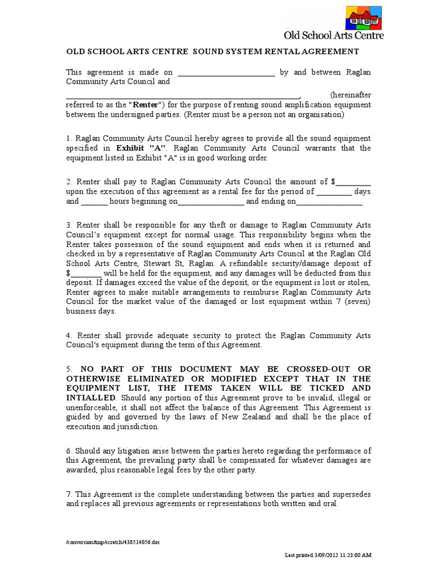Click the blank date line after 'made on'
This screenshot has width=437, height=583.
[x=226, y=73]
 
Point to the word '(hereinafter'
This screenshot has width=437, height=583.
[x=350, y=95]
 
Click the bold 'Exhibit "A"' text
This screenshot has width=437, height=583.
[x=139, y=148]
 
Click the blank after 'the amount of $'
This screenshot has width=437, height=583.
[x=353, y=182]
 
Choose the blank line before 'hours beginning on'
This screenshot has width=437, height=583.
[x=94, y=202]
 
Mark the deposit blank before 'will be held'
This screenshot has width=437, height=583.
[x=85, y=273]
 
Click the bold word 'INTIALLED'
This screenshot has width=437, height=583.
[x=90, y=397]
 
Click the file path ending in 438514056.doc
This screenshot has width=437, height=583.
[x=113, y=543]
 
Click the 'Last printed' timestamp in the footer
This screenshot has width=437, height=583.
[x=328, y=555]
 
